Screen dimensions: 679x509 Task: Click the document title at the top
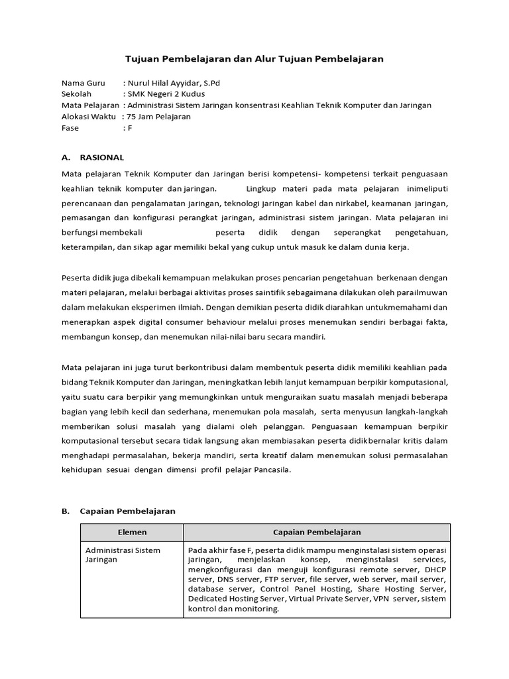[254, 59]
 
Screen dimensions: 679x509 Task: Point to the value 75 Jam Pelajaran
[158, 116]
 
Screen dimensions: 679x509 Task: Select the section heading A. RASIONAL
[93, 157]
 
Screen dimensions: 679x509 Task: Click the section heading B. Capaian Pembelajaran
[118, 511]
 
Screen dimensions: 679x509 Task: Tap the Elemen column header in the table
[132, 532]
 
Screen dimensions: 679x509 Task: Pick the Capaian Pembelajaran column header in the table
[317, 532]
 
